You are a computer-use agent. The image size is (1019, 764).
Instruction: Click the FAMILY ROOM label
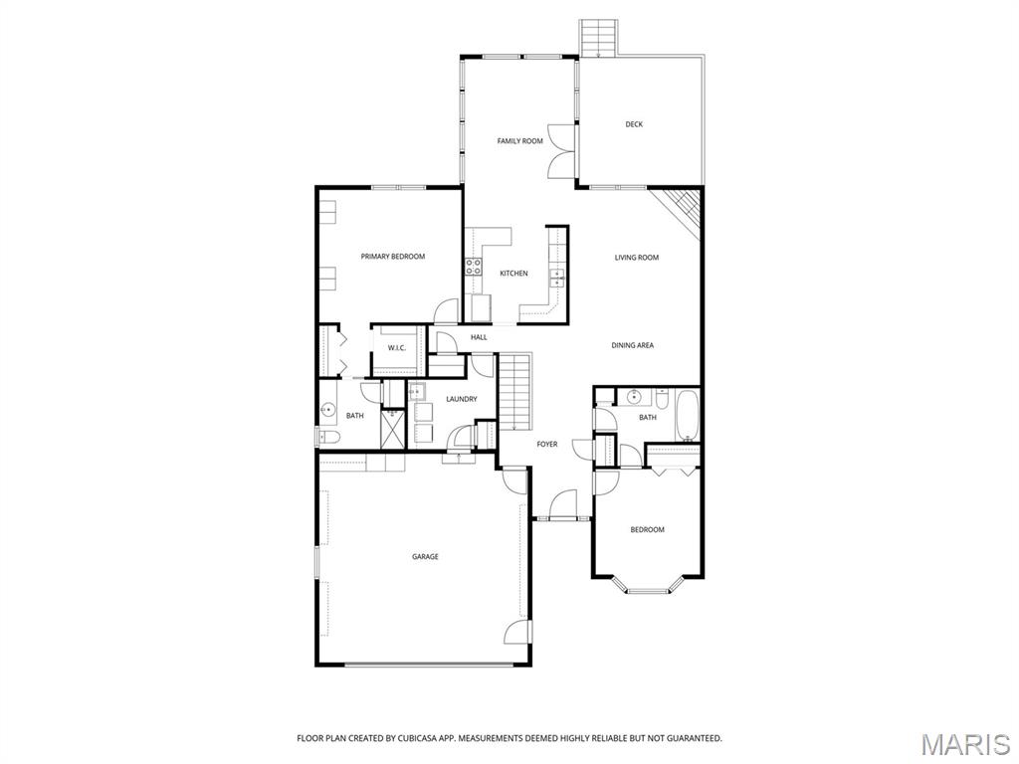pyautogui.click(x=519, y=141)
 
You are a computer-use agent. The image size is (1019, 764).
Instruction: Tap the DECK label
pyautogui.click(x=634, y=124)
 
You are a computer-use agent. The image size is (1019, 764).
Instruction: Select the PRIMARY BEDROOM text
pyautogui.click(x=392, y=257)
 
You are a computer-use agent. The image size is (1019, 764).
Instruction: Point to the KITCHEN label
pyautogui.click(x=513, y=274)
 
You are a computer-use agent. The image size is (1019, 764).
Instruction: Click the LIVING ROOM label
pyautogui.click(x=636, y=258)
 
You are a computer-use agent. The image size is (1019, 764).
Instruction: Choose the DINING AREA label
pyautogui.click(x=632, y=345)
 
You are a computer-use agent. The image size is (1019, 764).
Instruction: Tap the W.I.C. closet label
pyautogui.click(x=396, y=348)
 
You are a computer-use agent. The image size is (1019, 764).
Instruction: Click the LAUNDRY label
pyautogui.click(x=461, y=399)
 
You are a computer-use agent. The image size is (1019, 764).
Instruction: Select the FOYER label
pyautogui.click(x=547, y=444)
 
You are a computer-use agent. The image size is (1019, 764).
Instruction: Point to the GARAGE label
pyautogui.click(x=425, y=557)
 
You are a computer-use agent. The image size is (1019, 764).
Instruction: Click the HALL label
pyautogui.click(x=479, y=338)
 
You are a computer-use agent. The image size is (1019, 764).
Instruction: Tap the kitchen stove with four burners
pyautogui.click(x=475, y=267)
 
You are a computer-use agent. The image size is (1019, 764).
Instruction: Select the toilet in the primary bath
pyautogui.click(x=329, y=437)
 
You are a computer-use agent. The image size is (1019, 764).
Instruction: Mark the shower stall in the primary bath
pyautogui.click(x=391, y=431)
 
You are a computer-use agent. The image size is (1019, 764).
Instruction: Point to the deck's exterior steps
pyautogui.click(x=599, y=38)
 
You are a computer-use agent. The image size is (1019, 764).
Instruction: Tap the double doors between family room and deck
pyautogui.click(x=561, y=151)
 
